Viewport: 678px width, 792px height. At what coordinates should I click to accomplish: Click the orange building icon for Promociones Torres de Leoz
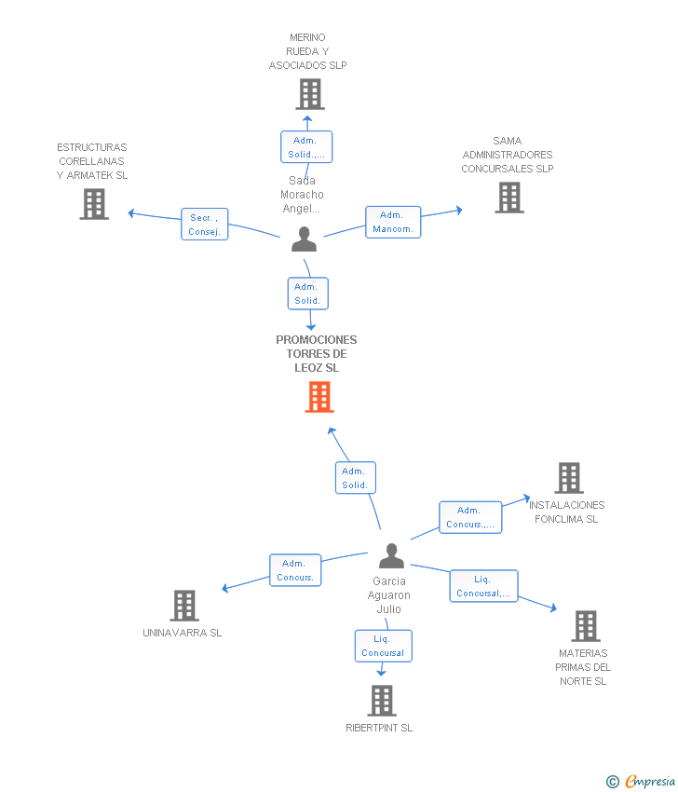(319, 397)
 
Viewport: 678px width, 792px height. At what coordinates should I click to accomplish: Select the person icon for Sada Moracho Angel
(304, 239)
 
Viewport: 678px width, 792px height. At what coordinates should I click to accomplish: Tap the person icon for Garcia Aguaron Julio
(391, 555)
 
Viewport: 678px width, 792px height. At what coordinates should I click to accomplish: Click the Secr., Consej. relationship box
(205, 225)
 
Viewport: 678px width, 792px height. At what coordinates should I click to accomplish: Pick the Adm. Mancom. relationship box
(393, 223)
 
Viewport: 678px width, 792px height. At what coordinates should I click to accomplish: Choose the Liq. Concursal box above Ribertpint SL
(383, 646)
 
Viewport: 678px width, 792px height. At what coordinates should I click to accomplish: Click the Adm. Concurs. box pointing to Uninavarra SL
(295, 570)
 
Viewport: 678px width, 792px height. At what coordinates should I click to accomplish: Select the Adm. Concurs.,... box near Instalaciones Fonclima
(470, 517)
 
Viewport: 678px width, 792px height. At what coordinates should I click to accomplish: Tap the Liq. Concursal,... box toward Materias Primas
(483, 586)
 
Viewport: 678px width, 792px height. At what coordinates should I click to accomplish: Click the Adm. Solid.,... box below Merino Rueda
(306, 147)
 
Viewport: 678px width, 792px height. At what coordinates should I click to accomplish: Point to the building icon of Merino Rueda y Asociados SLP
(310, 94)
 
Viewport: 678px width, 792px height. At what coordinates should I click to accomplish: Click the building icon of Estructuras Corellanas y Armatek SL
(94, 204)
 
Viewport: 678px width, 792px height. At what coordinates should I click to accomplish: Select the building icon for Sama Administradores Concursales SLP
(509, 198)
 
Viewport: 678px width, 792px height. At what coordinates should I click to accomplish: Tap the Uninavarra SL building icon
(184, 606)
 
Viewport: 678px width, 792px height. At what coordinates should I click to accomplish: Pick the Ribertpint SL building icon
(382, 701)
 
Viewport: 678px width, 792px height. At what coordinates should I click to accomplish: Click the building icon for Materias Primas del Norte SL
(586, 626)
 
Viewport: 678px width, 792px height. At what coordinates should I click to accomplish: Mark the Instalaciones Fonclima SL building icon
(569, 478)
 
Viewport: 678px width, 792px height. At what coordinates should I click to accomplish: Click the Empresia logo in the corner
(641, 781)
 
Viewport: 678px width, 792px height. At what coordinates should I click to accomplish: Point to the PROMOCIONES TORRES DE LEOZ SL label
(317, 353)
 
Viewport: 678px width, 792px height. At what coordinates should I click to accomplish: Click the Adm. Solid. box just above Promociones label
(308, 294)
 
